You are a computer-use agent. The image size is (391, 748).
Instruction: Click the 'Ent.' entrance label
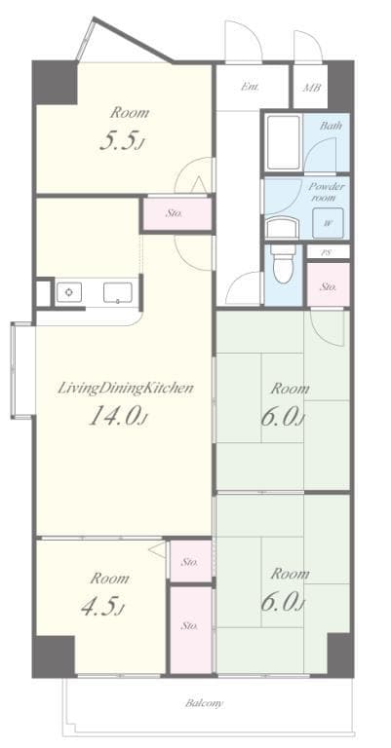click(250, 87)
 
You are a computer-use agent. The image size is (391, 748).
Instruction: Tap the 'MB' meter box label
click(312, 88)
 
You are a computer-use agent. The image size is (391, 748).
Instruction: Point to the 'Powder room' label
click(327, 191)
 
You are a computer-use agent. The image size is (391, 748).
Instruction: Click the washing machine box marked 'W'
click(328, 222)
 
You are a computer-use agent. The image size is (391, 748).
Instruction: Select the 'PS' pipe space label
click(328, 251)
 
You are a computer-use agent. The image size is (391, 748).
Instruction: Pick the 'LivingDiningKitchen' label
click(124, 388)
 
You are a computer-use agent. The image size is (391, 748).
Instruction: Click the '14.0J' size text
click(118, 417)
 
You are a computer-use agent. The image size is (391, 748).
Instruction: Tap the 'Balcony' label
click(205, 702)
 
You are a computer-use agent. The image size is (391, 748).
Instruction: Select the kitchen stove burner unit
click(67, 291)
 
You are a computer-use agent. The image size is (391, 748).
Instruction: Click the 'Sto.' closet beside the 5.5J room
click(176, 212)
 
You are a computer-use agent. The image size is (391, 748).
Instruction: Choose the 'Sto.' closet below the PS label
click(329, 286)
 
